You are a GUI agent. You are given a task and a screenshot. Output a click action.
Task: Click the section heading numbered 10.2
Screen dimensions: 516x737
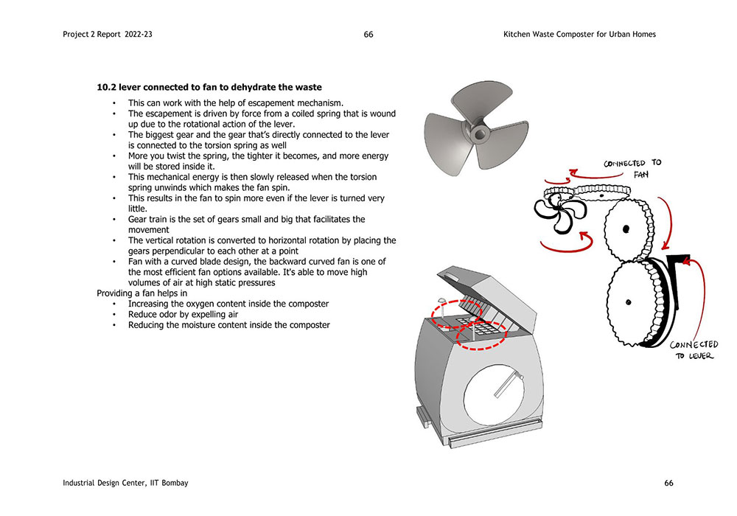click(x=209, y=88)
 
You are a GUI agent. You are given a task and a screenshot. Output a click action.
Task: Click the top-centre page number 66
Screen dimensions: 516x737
click(x=368, y=35)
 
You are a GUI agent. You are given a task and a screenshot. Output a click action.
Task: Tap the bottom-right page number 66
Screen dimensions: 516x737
click(x=668, y=483)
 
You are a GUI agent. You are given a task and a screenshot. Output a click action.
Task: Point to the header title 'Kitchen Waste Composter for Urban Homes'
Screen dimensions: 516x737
click(x=579, y=35)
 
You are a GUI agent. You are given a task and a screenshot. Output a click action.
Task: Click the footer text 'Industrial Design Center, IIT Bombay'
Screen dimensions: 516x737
click(x=126, y=483)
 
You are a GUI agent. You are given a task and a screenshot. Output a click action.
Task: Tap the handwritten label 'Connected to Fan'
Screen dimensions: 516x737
click(x=635, y=169)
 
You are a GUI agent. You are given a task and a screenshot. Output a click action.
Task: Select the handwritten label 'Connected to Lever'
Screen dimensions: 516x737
click(x=694, y=350)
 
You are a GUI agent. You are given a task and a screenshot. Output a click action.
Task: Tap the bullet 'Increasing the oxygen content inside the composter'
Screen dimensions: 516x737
click(x=228, y=304)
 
